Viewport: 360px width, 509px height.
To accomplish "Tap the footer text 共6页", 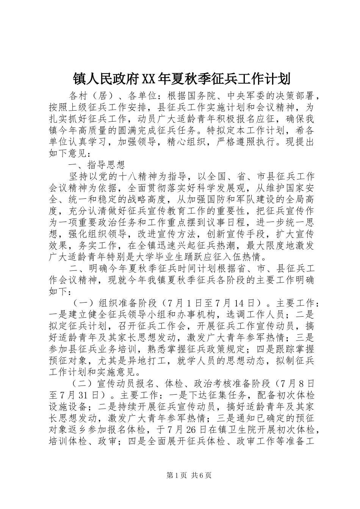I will [201, 475].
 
